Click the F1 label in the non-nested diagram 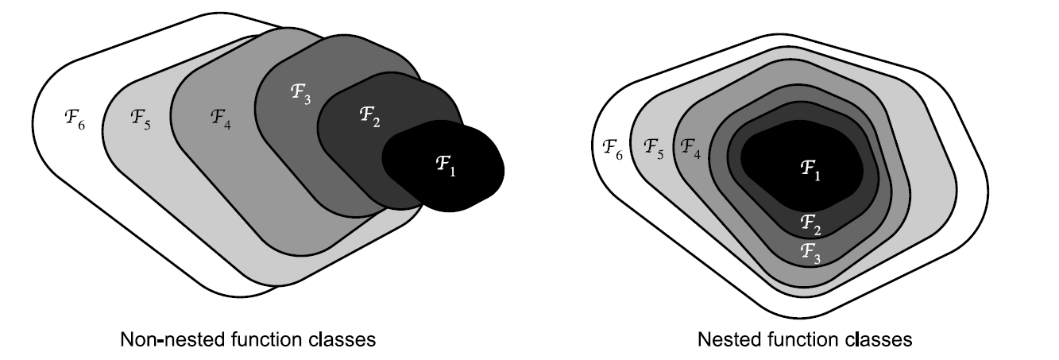coord(446,166)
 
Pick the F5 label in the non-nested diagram coord(140,118)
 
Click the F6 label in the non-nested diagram coord(72,118)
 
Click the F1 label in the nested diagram coord(810,168)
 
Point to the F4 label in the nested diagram coord(690,148)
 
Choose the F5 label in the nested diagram coord(655,148)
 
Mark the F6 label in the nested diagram coord(613,148)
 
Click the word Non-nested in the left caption coord(157,339)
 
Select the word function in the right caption coord(802,339)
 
